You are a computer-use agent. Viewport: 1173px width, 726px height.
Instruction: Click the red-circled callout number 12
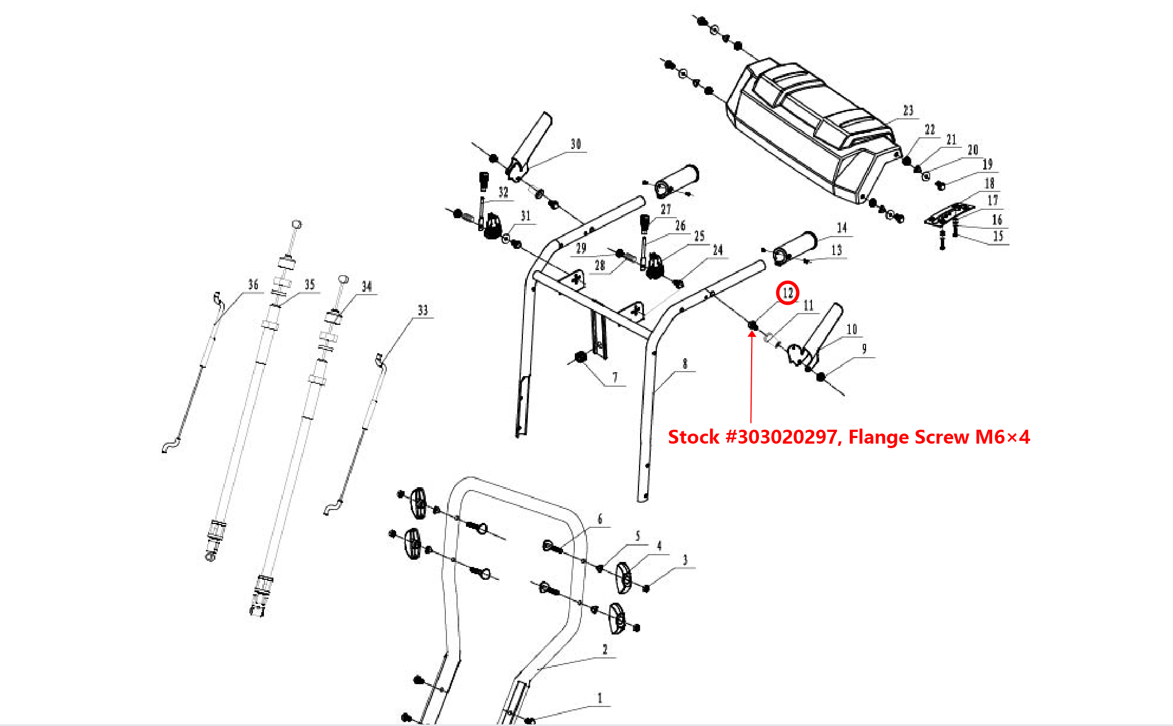click(787, 293)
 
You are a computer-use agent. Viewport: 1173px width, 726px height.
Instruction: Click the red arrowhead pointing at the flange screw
click(752, 334)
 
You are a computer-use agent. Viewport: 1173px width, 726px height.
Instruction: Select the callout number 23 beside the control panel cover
click(908, 110)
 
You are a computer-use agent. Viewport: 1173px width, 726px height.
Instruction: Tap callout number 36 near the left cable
click(253, 285)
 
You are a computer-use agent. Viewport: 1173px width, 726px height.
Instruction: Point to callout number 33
click(423, 310)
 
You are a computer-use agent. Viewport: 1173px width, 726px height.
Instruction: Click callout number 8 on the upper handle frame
click(685, 364)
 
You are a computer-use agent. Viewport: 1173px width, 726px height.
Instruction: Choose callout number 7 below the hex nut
click(615, 377)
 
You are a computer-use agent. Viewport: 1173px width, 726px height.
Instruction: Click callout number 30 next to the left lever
click(576, 144)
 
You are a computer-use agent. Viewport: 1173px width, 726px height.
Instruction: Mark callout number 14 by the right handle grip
click(842, 228)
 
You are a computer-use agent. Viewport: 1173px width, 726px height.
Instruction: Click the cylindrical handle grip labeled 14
click(795, 248)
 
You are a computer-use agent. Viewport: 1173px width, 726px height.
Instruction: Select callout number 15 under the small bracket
click(998, 236)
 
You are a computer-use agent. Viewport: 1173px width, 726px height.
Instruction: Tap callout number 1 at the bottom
click(600, 698)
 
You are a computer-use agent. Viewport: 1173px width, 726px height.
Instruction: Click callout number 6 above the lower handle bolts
click(600, 519)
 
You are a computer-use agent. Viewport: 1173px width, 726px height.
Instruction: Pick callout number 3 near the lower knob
click(685, 560)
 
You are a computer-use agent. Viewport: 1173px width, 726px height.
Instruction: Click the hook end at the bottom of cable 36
click(171, 445)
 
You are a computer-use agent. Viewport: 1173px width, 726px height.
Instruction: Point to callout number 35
click(310, 285)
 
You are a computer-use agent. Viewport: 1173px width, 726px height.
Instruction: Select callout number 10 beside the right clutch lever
click(852, 329)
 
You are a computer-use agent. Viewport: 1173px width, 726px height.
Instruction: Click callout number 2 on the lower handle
click(605, 650)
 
